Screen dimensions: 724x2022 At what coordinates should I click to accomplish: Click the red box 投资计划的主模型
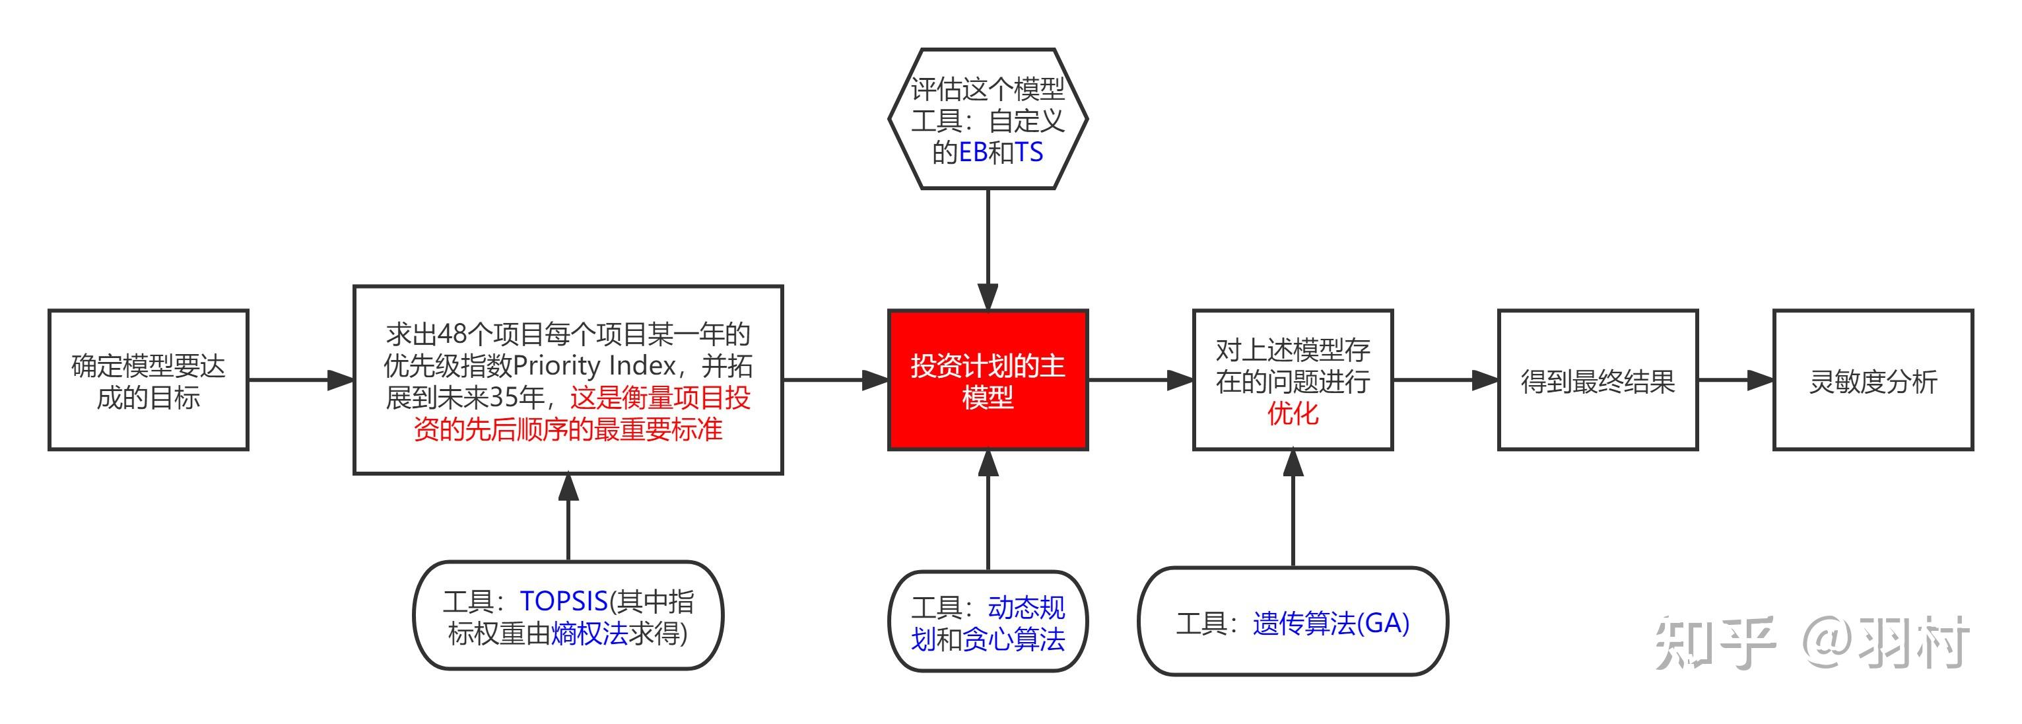988,380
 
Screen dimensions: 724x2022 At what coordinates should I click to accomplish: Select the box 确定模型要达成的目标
149,380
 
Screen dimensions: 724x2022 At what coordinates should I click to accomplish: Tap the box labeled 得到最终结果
1598,380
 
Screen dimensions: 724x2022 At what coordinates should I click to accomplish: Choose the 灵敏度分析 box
1873,380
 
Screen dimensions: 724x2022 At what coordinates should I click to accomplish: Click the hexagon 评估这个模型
988,118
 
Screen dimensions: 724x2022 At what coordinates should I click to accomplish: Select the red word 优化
1293,413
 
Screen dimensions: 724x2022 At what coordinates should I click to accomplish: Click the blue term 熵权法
590,633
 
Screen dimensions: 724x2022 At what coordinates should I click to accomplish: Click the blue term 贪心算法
1013,640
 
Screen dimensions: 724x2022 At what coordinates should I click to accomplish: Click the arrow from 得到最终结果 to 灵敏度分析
1736,380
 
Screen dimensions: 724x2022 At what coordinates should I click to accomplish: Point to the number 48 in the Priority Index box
454,334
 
